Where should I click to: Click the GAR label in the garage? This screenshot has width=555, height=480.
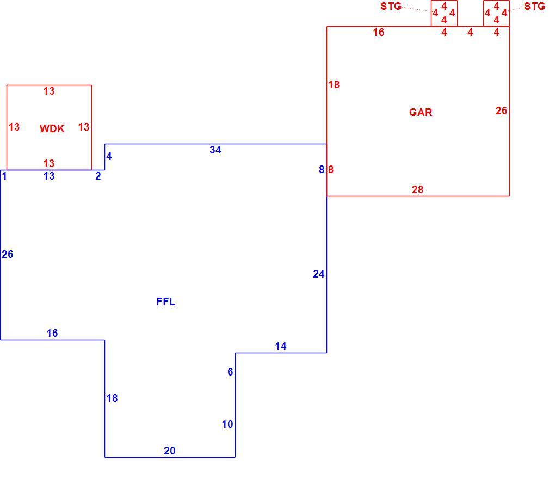pyautogui.click(x=421, y=112)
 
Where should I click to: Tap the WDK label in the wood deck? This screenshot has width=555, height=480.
pyautogui.click(x=52, y=128)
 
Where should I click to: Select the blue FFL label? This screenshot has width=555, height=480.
pyautogui.click(x=165, y=301)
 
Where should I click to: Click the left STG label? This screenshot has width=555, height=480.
pyautogui.click(x=391, y=7)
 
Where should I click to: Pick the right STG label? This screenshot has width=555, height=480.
pyautogui.click(x=534, y=7)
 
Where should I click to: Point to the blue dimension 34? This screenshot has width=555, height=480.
pyautogui.click(x=215, y=150)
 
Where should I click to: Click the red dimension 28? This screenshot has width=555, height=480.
pyautogui.click(x=418, y=190)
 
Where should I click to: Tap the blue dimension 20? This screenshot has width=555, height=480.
pyautogui.click(x=170, y=451)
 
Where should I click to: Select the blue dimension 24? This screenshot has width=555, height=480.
pyautogui.click(x=318, y=274)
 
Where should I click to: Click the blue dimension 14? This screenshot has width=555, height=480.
pyautogui.click(x=281, y=346)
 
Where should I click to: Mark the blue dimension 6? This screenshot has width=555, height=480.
pyautogui.click(x=230, y=372)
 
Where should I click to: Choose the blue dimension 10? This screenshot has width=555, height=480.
pyautogui.click(x=227, y=424)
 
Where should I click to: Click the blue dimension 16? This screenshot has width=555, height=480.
pyautogui.click(x=52, y=333)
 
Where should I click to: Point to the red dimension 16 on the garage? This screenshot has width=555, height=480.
pyautogui.click(x=378, y=33)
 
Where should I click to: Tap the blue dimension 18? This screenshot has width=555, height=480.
pyautogui.click(x=112, y=398)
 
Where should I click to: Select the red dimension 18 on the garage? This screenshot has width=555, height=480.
pyautogui.click(x=334, y=84)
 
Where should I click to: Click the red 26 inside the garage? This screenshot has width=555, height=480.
pyautogui.click(x=501, y=111)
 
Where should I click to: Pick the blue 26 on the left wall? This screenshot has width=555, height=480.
pyautogui.click(x=8, y=254)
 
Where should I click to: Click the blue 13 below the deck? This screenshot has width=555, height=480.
pyautogui.click(x=49, y=176)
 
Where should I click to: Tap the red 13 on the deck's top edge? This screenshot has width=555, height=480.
pyautogui.click(x=49, y=91)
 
